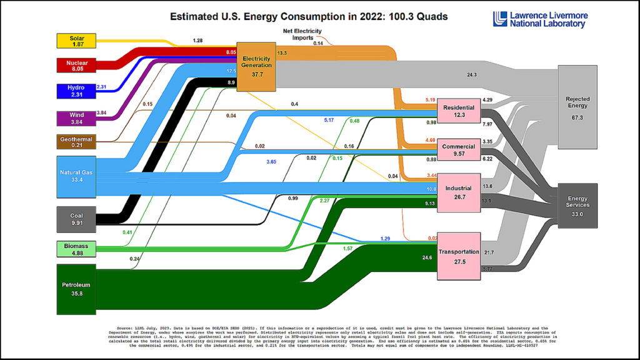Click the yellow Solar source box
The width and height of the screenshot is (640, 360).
click(76, 41)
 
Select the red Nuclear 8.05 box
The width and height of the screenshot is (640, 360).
click(76, 66)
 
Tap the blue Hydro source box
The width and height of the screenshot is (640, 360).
click(76, 92)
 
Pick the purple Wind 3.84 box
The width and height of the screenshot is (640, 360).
click(76, 117)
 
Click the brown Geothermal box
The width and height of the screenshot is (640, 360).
click(76, 142)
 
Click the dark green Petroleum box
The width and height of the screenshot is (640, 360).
click(76, 289)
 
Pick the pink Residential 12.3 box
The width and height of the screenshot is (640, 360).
click(459, 111)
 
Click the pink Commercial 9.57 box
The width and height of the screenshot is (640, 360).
click(459, 150)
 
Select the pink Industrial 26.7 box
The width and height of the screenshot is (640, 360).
click(459, 191)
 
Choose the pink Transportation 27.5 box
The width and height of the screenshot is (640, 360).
click(459, 256)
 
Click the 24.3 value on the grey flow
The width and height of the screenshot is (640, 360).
click(472, 74)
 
